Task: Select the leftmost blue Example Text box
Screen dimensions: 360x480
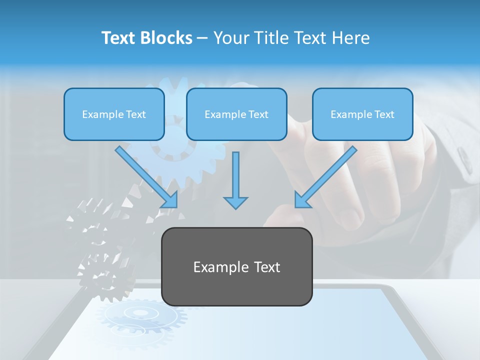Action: coord(114,114)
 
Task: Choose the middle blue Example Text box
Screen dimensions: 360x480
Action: coord(236,114)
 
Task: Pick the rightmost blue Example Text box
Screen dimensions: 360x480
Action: coord(362,114)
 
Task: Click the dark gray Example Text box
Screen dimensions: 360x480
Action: coord(236,266)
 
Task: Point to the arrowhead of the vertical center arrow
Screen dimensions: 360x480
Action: coord(235,202)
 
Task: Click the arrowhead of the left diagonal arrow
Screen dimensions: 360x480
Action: coord(171,201)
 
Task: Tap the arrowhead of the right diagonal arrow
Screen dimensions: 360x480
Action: coord(301,201)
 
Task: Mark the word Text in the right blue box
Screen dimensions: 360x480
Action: coord(384,114)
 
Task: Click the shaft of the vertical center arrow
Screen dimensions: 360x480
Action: coord(235,172)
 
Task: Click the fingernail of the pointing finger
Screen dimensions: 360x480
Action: coord(350,217)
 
